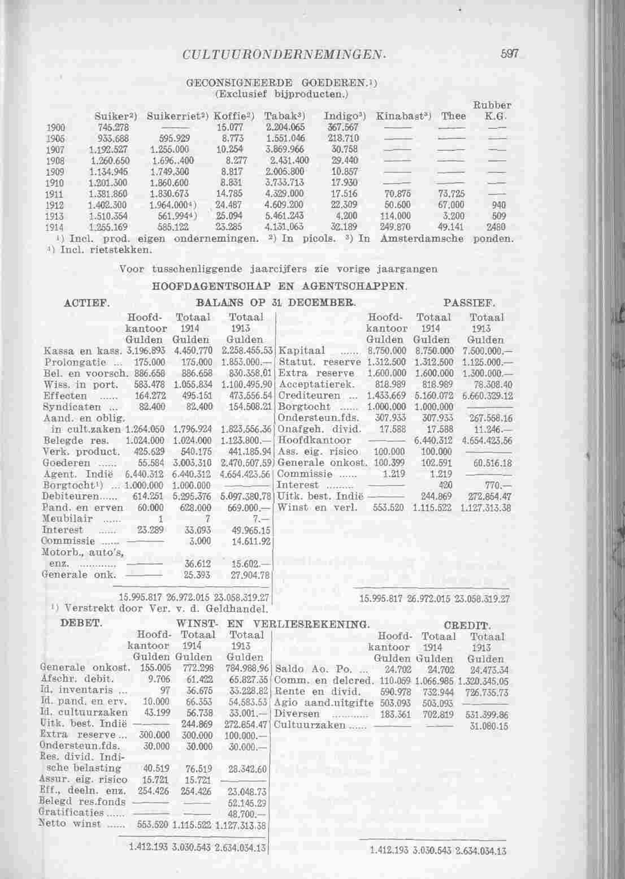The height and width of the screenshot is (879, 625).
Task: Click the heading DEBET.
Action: (81, 624)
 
